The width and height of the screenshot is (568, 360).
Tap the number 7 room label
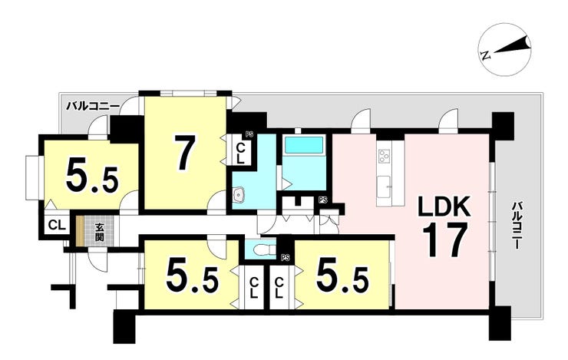point(185,153)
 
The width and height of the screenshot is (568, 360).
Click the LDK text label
point(444,207)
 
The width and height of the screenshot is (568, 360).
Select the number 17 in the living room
point(444,239)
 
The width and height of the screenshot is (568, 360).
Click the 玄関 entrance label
point(99,232)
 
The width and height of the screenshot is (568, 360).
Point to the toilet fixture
point(260,250)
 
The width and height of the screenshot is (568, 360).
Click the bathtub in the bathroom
point(303,145)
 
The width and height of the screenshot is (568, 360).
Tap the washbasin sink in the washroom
point(239,195)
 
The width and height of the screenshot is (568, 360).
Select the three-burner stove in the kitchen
point(383,157)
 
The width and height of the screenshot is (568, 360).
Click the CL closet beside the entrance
point(57,225)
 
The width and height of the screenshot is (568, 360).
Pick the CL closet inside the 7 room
point(240,153)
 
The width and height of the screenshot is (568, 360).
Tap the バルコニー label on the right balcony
point(516,226)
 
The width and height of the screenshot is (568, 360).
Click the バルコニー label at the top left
point(93,106)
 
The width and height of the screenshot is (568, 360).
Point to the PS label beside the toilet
point(286,258)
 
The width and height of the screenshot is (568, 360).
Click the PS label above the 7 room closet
point(249,134)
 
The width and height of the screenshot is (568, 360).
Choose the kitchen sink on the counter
point(383,187)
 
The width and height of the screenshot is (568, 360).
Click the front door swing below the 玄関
point(97,259)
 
